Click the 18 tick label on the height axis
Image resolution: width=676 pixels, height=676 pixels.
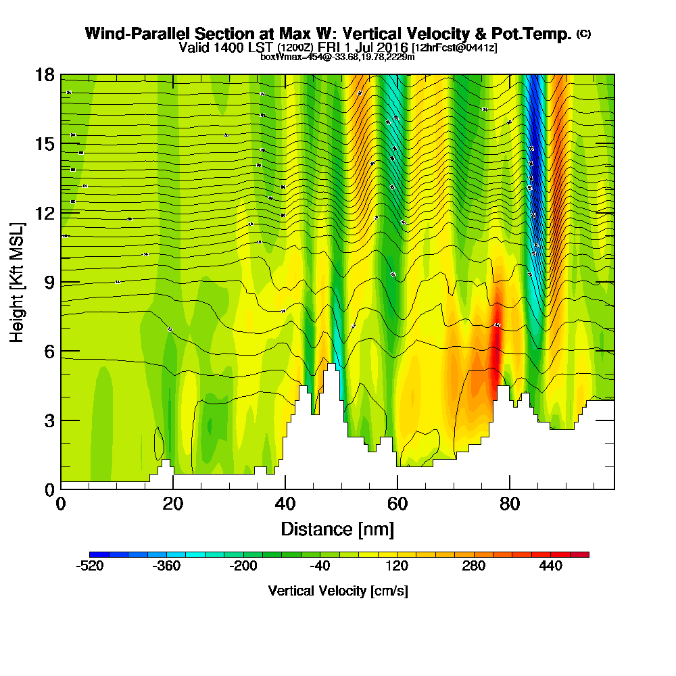point(45,75)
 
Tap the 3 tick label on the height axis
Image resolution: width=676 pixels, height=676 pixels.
point(49,420)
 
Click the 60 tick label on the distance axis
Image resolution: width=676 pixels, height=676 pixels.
point(397,504)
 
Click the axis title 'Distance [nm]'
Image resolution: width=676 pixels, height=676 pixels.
point(337,528)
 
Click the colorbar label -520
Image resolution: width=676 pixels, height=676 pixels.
point(90,566)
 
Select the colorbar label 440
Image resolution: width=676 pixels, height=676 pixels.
point(550,566)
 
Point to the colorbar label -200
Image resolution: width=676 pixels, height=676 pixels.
point(243,566)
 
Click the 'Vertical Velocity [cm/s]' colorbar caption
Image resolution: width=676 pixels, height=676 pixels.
point(338,591)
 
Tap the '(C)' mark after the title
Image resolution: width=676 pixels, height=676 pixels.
point(583,33)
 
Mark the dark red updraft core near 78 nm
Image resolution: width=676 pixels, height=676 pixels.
point(497,338)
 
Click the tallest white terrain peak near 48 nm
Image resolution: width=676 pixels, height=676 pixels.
point(331,368)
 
